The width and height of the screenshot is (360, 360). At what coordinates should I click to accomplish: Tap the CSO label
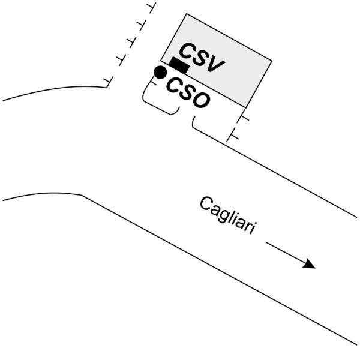pyautogui.click(x=188, y=94)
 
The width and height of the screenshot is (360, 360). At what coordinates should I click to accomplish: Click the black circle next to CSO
pyautogui.click(x=160, y=73)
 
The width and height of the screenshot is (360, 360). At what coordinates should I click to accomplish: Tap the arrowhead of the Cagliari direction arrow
pyautogui.click(x=310, y=265)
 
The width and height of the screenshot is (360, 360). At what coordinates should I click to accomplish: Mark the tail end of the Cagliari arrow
pyautogui.click(x=266, y=244)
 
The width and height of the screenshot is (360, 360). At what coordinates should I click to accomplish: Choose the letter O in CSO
pyautogui.click(x=203, y=100)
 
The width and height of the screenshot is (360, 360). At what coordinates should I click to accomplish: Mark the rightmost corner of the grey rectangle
pyautogui.click(x=271, y=61)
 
